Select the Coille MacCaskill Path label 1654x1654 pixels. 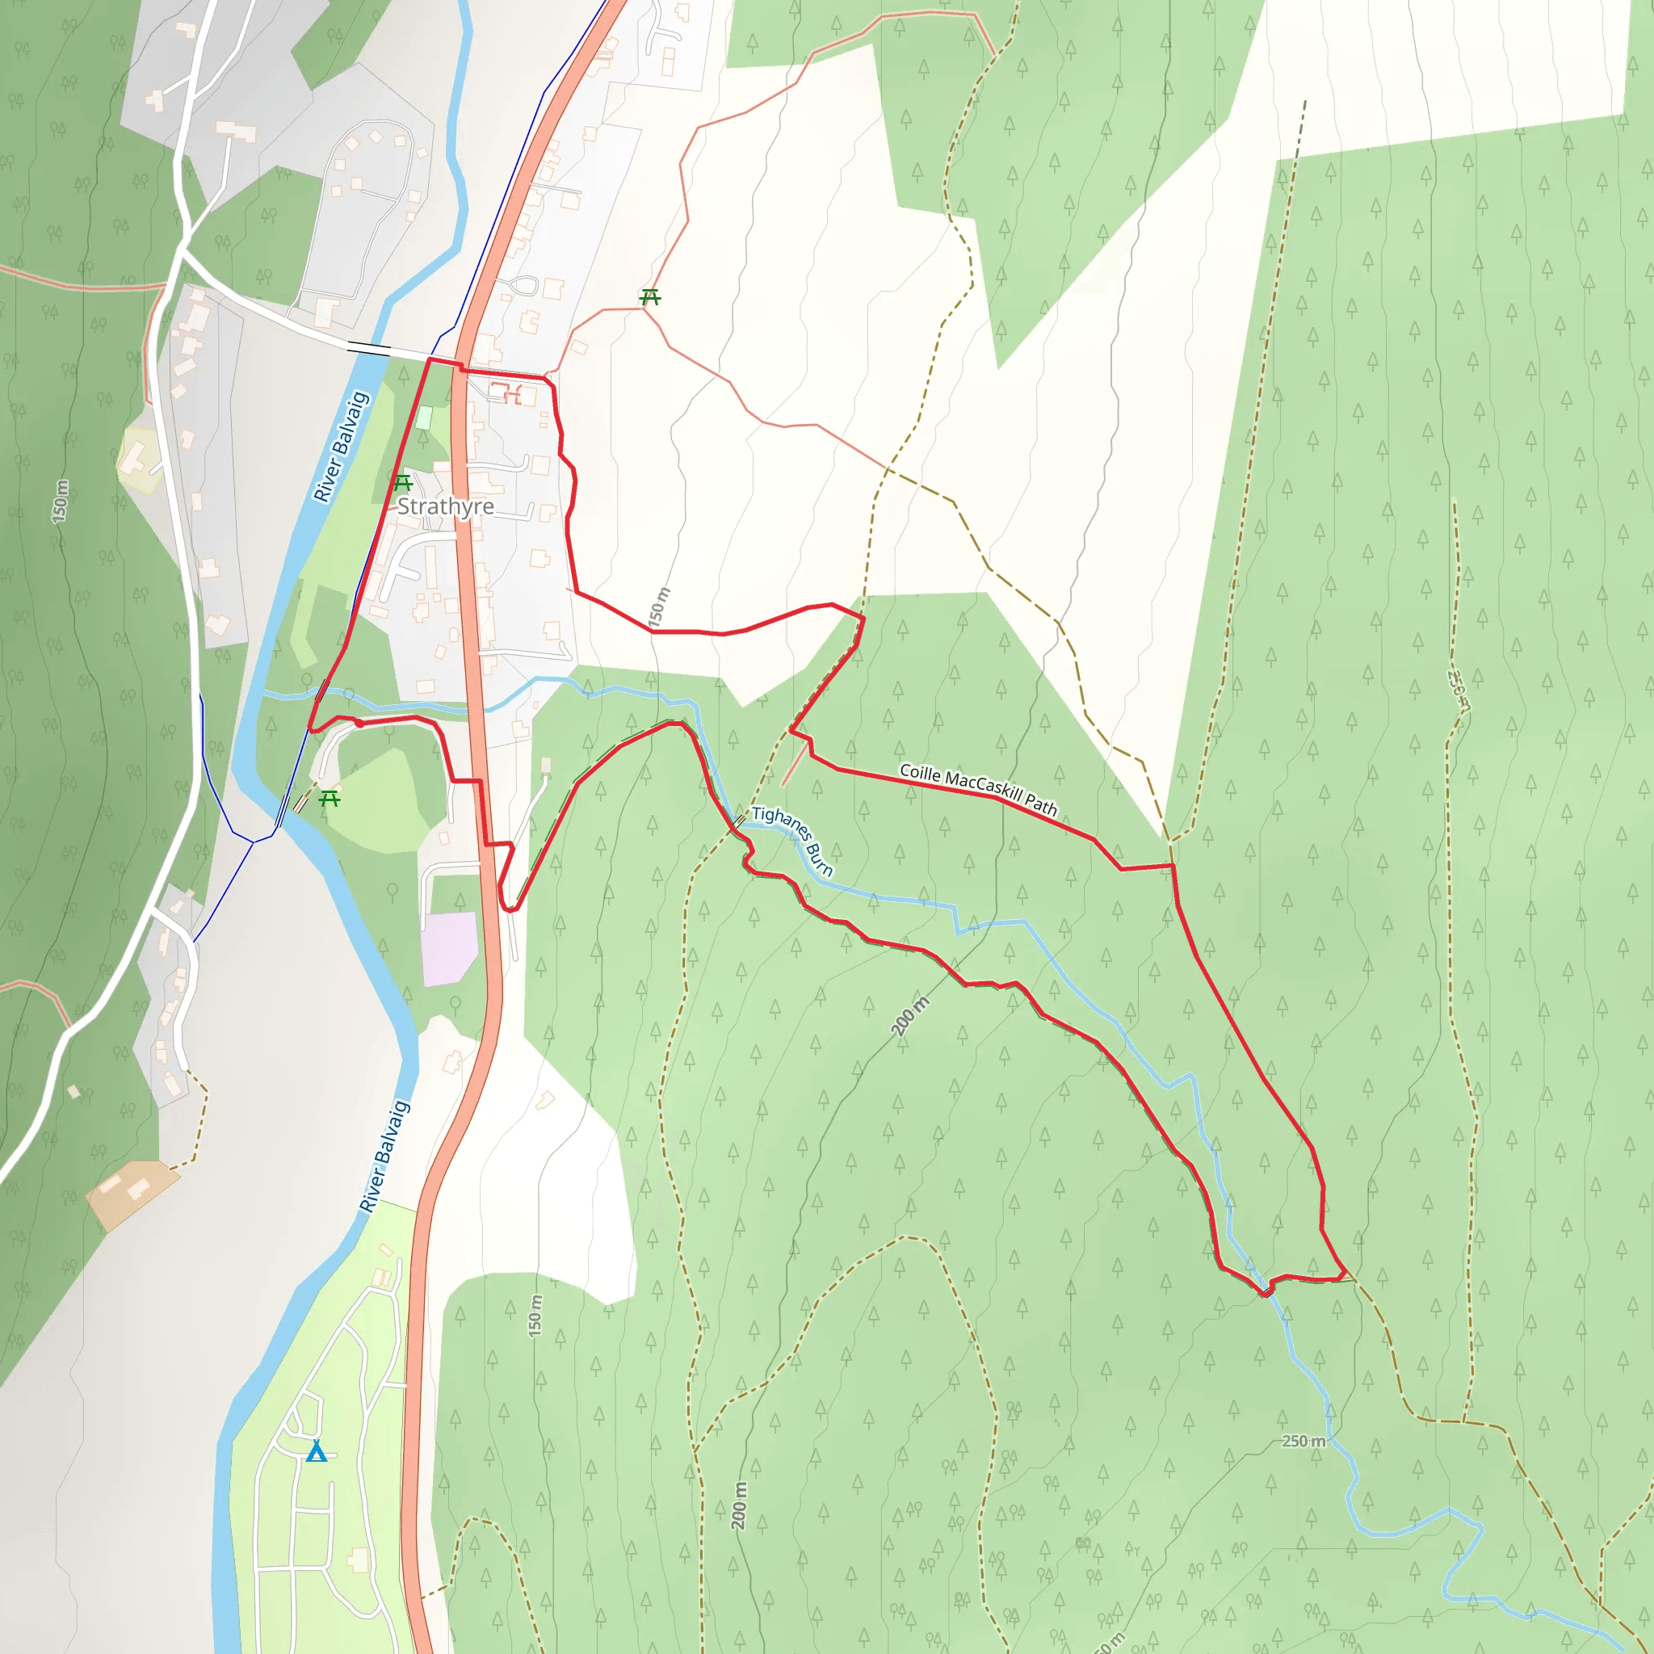tap(979, 788)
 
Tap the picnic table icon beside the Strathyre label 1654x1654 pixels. tap(402, 484)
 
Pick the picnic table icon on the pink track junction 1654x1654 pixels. tap(651, 297)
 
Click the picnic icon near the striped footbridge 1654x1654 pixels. tap(330, 799)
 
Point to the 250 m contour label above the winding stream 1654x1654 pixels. tap(1303, 1441)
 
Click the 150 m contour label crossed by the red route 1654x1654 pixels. tap(658, 607)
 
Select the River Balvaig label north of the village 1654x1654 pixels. tap(341, 446)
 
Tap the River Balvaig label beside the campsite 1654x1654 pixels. tap(384, 1156)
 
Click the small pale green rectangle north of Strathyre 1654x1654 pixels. tap(424, 418)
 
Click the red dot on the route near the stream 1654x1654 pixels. tap(359, 724)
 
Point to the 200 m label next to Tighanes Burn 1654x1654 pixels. tap(909, 1016)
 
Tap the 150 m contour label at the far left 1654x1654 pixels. tap(59, 501)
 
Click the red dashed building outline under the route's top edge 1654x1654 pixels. tap(511, 394)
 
